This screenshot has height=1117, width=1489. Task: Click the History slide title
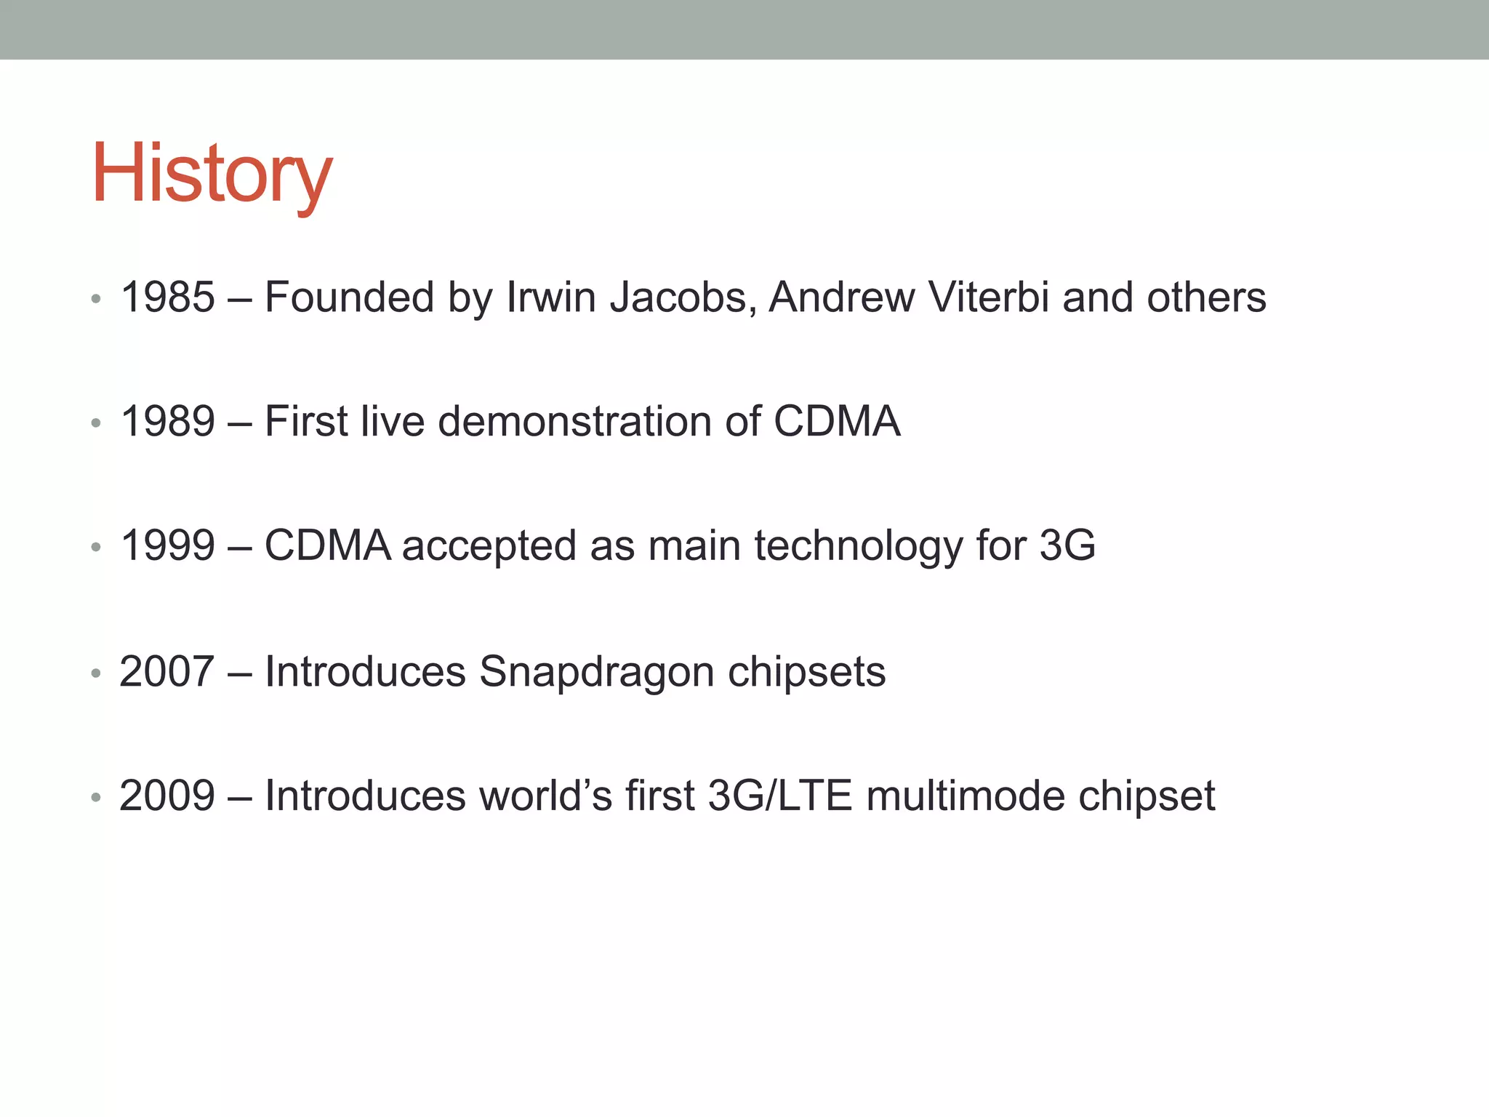(x=212, y=175)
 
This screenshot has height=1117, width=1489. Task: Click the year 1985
(x=167, y=297)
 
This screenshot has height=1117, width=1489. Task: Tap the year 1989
(x=167, y=421)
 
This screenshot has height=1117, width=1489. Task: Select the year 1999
(x=167, y=545)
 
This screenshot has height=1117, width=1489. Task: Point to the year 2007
(x=167, y=671)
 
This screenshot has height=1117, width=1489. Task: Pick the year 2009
(x=167, y=796)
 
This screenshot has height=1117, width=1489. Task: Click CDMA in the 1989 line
(x=837, y=421)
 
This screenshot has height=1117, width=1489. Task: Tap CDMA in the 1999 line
(x=328, y=545)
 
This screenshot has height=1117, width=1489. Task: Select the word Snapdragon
(x=597, y=673)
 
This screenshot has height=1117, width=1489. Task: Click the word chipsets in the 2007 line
(x=807, y=673)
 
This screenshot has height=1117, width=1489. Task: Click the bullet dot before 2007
(x=96, y=673)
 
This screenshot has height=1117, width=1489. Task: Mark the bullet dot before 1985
(x=96, y=299)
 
